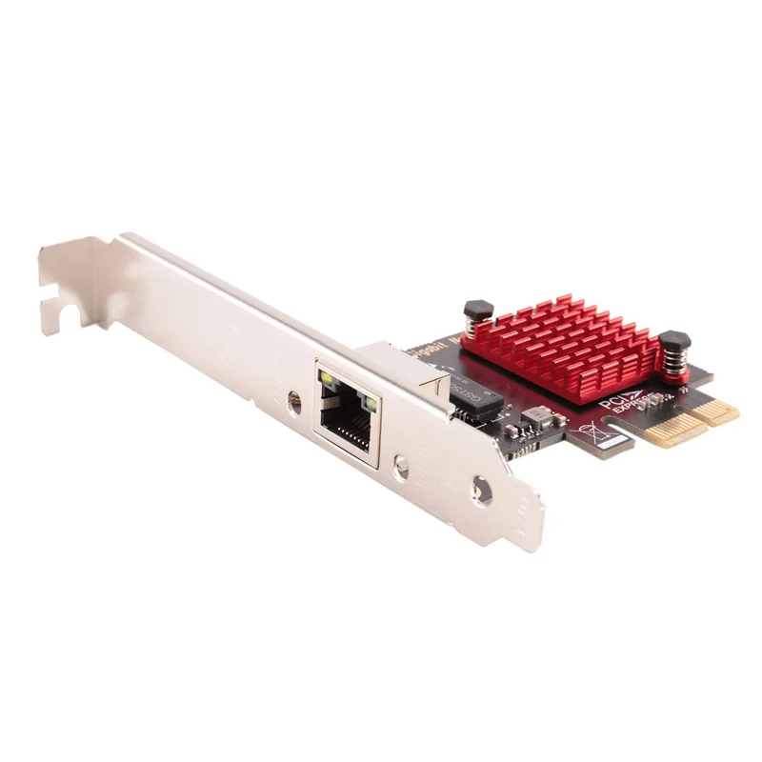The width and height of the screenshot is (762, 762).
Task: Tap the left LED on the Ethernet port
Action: (327, 383)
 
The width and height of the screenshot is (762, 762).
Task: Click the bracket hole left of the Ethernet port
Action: (294, 398)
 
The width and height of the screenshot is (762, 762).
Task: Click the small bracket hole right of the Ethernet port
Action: (403, 466)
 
